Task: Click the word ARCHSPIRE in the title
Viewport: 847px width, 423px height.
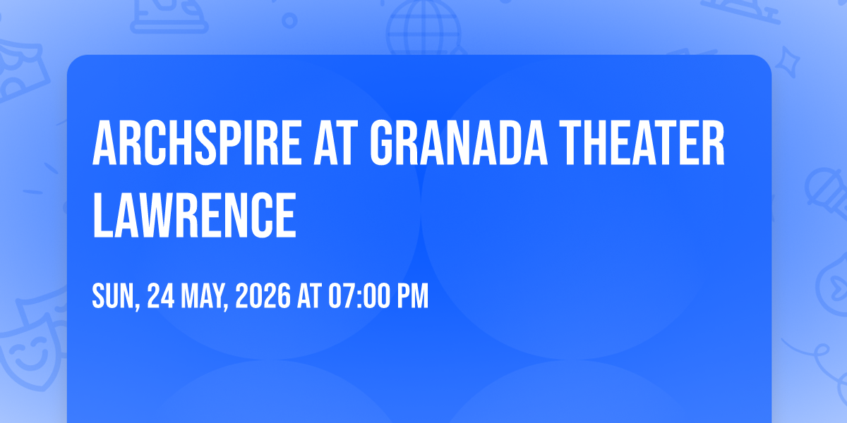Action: (197, 142)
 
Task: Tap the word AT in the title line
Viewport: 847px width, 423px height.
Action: (336, 142)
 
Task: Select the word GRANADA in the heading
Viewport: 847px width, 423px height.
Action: (458, 142)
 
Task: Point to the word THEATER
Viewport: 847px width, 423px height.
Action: (642, 142)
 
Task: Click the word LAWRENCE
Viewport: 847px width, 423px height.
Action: (194, 214)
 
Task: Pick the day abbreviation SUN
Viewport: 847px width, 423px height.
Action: (113, 296)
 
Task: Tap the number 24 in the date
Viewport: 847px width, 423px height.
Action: (161, 296)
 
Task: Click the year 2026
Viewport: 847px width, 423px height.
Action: (263, 296)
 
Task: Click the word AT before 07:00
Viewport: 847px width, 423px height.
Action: (309, 296)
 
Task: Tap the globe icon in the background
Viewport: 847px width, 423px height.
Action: (423, 27)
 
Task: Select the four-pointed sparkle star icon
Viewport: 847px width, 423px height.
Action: (787, 62)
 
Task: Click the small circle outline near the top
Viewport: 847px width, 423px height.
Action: (289, 20)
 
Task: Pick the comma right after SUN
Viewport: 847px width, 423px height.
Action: (137, 307)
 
